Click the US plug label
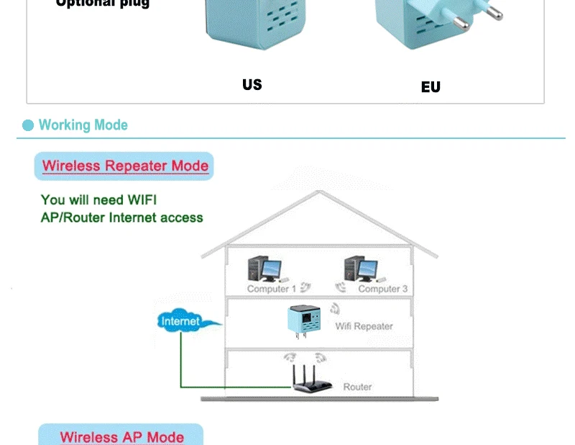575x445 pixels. (252, 85)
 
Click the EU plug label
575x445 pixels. (431, 87)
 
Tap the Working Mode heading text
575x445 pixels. (83, 125)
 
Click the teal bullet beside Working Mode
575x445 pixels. (28, 126)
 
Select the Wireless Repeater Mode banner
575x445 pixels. (125, 166)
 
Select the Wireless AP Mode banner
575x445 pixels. (121, 436)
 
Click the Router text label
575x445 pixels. (357, 387)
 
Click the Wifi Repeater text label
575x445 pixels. (364, 326)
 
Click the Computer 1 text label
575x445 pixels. (271, 289)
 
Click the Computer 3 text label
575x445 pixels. (382, 289)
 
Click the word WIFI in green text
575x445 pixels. (142, 199)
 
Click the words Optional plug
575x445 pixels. (103, 4)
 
